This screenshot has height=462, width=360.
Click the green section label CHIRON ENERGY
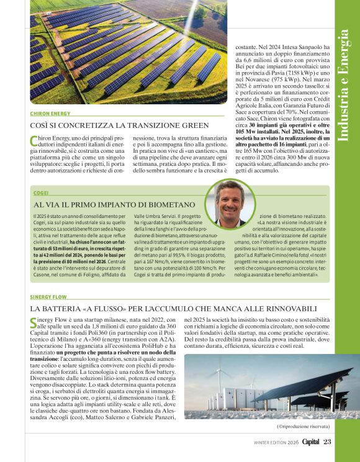[50, 114]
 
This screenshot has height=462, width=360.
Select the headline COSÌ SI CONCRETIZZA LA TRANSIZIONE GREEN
[119, 126]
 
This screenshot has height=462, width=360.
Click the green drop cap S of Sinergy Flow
[34, 322]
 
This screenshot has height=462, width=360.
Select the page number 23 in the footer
[328, 442]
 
